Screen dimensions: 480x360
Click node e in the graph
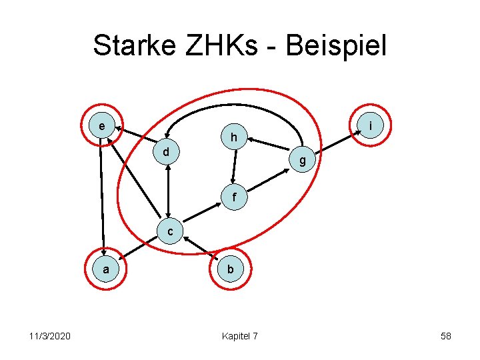click(101, 125)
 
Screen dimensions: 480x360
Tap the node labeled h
click(234, 137)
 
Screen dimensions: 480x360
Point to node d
click(166, 152)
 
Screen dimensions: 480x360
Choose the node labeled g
click(303, 160)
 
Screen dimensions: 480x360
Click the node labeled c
click(170, 232)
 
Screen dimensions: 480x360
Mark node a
click(105, 269)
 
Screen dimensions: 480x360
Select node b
click(230, 269)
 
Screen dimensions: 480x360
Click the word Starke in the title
click(134, 46)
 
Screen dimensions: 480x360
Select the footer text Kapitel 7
click(240, 335)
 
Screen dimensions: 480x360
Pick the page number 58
click(445, 335)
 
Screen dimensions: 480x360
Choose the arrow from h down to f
click(233, 167)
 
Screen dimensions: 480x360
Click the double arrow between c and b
click(201, 249)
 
